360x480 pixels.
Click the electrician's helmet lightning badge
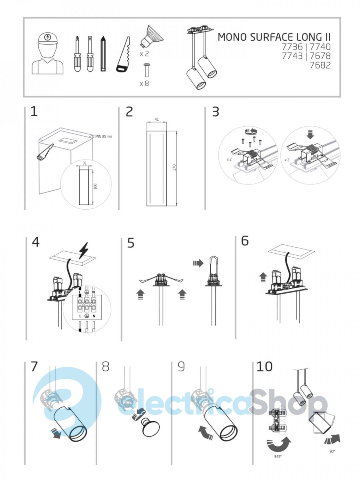47,37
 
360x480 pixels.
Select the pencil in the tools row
103,54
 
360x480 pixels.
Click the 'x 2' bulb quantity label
144,54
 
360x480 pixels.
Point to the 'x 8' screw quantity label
144,83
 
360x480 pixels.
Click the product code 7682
320,65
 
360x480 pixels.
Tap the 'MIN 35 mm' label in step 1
104,137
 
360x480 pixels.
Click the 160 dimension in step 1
95,186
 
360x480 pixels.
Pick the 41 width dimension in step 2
156,119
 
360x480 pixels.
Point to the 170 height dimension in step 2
174,168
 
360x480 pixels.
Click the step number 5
130,243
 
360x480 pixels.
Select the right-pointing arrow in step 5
198,263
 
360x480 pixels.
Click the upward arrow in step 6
263,278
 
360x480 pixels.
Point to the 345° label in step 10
278,456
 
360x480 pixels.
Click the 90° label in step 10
332,451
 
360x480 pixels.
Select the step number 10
264,366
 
